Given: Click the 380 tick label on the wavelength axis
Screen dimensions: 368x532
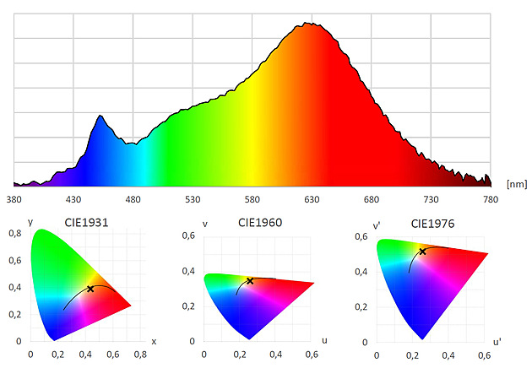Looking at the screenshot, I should [14, 200].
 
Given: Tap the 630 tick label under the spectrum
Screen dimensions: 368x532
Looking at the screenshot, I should [312, 200].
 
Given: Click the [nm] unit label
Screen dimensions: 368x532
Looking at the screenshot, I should [516, 182].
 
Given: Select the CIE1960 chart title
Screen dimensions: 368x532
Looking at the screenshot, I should [258, 224].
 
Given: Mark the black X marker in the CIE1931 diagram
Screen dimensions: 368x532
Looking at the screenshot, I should [90, 289].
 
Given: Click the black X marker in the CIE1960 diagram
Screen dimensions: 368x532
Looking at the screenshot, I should [250, 280].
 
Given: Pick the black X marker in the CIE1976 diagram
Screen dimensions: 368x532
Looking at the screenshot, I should [423, 252].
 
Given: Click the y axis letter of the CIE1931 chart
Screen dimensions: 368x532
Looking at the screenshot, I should [30, 221].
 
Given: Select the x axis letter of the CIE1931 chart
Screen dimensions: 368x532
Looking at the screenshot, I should [154, 341].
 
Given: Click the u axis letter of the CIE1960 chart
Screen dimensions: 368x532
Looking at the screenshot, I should [325, 341].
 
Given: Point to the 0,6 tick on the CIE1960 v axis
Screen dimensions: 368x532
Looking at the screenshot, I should [189, 235].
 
